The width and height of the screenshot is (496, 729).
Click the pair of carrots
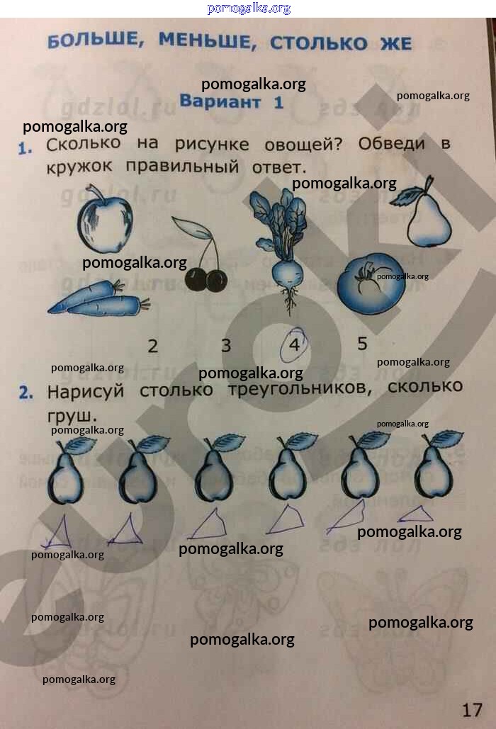98,300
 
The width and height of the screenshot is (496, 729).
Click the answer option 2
152,346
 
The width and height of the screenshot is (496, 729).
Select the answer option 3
226,346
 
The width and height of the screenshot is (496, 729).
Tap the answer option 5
363,344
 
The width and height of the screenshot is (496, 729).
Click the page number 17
472,710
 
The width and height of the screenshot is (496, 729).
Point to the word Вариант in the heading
220,101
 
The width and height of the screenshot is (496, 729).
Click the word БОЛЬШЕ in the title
95,42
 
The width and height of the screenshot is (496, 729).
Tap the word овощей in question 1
303,145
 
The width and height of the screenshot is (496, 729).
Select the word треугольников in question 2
300,389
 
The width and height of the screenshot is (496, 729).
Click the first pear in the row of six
67,470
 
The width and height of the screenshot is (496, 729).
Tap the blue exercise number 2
26,393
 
